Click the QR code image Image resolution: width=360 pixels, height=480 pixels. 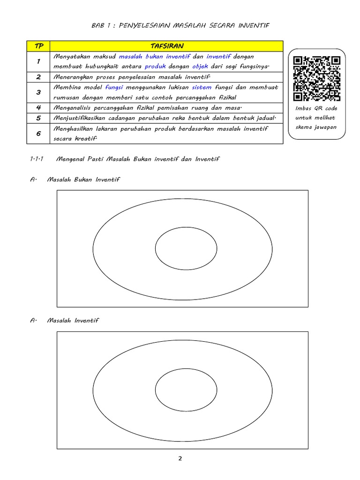pos(316,79)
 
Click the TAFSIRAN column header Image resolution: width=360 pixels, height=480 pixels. pos(167,46)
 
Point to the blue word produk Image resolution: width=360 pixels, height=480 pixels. pos(155,67)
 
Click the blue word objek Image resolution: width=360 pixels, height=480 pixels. pos(200,67)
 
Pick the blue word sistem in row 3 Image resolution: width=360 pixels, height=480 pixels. pos(202,87)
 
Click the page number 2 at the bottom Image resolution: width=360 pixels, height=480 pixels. pos(180,458)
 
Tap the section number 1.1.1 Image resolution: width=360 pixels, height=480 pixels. pos(37,159)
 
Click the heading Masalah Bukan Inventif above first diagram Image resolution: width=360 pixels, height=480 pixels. pos(83,180)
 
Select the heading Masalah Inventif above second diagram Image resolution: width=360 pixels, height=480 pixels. pos(73,321)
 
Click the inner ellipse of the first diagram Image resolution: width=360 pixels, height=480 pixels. pos(186,248)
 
